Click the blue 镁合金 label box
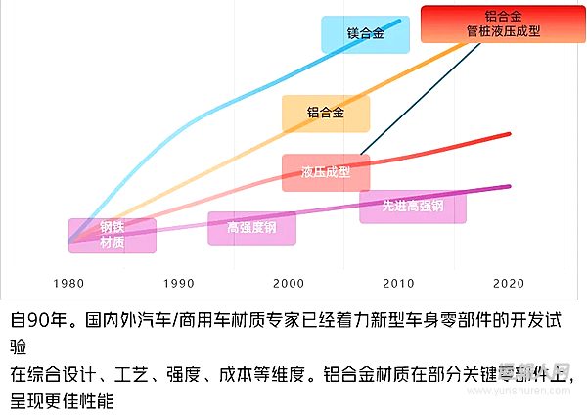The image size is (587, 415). [352, 34]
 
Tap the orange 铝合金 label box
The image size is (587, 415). [326, 114]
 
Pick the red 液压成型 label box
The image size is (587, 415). [326, 172]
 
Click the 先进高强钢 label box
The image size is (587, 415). [413, 206]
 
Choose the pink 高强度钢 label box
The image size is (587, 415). [251, 228]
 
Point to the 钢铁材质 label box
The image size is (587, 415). [112, 235]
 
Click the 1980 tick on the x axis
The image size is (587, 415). [69, 283]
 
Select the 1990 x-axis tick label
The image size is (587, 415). [179, 283]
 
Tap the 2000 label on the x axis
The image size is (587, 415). [289, 283]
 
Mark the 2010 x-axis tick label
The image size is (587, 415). [398, 283]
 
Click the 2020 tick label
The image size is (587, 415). [508, 283]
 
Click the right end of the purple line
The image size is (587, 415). [509, 186]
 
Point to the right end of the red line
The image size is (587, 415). [509, 135]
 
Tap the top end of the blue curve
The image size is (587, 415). [399, 20]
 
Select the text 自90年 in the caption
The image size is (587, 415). [38, 320]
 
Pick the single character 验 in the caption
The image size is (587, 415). [19, 346]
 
